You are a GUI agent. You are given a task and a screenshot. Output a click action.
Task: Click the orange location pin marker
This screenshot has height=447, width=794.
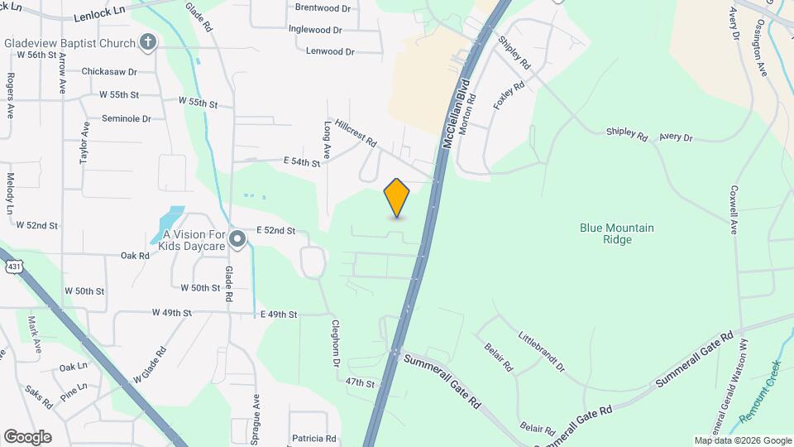[397, 197]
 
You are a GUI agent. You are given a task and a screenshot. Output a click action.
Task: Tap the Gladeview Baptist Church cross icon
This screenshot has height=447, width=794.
[148, 42]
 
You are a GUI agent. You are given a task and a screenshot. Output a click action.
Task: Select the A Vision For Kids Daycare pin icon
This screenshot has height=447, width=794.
[238, 240]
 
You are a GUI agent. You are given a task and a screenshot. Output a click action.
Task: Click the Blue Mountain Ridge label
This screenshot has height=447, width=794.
[617, 233]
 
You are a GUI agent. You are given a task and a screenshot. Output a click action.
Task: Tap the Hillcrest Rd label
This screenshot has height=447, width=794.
[355, 131]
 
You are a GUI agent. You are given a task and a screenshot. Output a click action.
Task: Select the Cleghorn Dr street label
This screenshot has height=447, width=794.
[337, 344]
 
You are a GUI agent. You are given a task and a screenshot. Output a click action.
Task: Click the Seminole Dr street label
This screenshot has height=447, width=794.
[127, 118]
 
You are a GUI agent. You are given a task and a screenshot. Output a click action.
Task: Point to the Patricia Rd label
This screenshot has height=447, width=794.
[313, 438]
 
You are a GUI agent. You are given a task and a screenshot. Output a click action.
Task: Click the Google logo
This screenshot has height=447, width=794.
[27, 437]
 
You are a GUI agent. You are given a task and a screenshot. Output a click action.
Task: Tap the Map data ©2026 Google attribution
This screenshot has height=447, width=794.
[742, 440]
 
